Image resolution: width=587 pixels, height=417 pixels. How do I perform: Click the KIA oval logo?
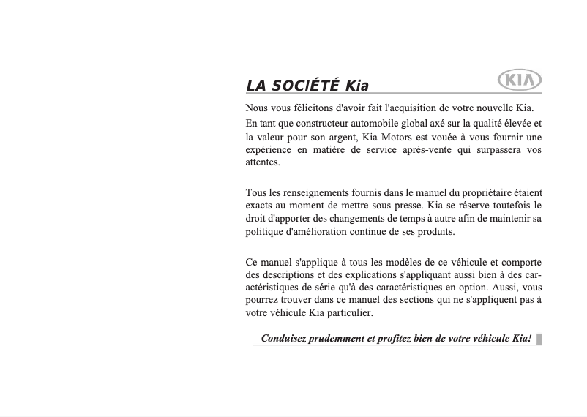pos(519,80)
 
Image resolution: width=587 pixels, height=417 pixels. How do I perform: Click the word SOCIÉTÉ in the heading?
pos(304,85)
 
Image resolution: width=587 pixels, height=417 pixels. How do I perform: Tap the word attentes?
pos(262,162)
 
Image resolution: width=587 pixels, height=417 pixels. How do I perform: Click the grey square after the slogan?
pos(539,339)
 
